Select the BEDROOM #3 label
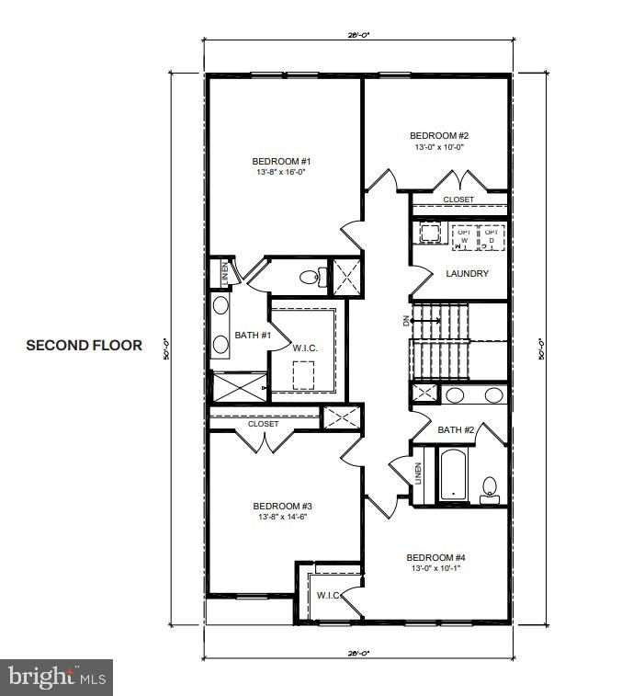(x=283, y=506)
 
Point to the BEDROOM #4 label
(x=436, y=557)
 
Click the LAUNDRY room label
(x=467, y=273)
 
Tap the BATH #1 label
(x=252, y=335)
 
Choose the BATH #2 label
(x=456, y=429)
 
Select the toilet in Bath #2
(x=490, y=486)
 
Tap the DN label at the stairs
(x=405, y=320)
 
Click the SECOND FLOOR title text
(x=84, y=346)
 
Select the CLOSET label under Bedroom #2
(x=458, y=200)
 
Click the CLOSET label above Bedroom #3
(x=264, y=424)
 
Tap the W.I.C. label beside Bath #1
(x=305, y=347)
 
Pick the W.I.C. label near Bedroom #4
(x=329, y=595)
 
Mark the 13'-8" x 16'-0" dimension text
(x=282, y=172)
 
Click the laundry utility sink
(x=427, y=232)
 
